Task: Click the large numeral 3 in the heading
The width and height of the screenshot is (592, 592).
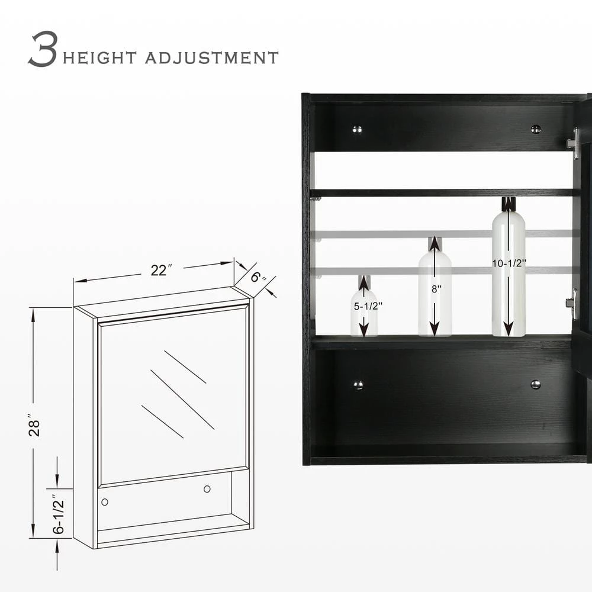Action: pos(43,49)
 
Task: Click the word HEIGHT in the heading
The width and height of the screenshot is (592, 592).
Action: pos(99,58)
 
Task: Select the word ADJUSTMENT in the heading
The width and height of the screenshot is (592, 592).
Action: pos(212,58)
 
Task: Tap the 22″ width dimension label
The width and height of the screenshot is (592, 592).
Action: pos(161,271)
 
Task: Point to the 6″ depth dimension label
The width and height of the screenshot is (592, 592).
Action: pos(258,278)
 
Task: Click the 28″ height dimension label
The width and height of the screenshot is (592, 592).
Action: pos(34,427)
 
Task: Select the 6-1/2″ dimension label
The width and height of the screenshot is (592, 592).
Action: pos(59,514)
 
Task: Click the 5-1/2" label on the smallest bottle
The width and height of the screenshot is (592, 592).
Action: pos(368,306)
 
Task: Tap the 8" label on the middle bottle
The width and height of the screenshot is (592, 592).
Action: pos(436,289)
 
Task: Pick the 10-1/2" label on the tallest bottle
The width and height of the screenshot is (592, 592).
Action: pos(509,263)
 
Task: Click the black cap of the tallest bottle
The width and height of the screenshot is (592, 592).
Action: pos(509,204)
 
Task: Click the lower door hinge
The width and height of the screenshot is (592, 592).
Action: pos(572,304)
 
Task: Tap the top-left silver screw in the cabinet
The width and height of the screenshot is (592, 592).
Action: pos(357,130)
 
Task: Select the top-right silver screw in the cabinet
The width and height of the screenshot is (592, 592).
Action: pos(536,129)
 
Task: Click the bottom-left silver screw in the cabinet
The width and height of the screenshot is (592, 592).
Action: pos(358,385)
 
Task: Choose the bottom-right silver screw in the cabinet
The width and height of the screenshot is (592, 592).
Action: pos(536,384)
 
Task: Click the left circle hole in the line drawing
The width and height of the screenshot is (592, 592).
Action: pos(105,502)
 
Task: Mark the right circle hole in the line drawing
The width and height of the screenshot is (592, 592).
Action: pos(207,489)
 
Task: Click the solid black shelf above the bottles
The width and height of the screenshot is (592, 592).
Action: pos(442,193)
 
